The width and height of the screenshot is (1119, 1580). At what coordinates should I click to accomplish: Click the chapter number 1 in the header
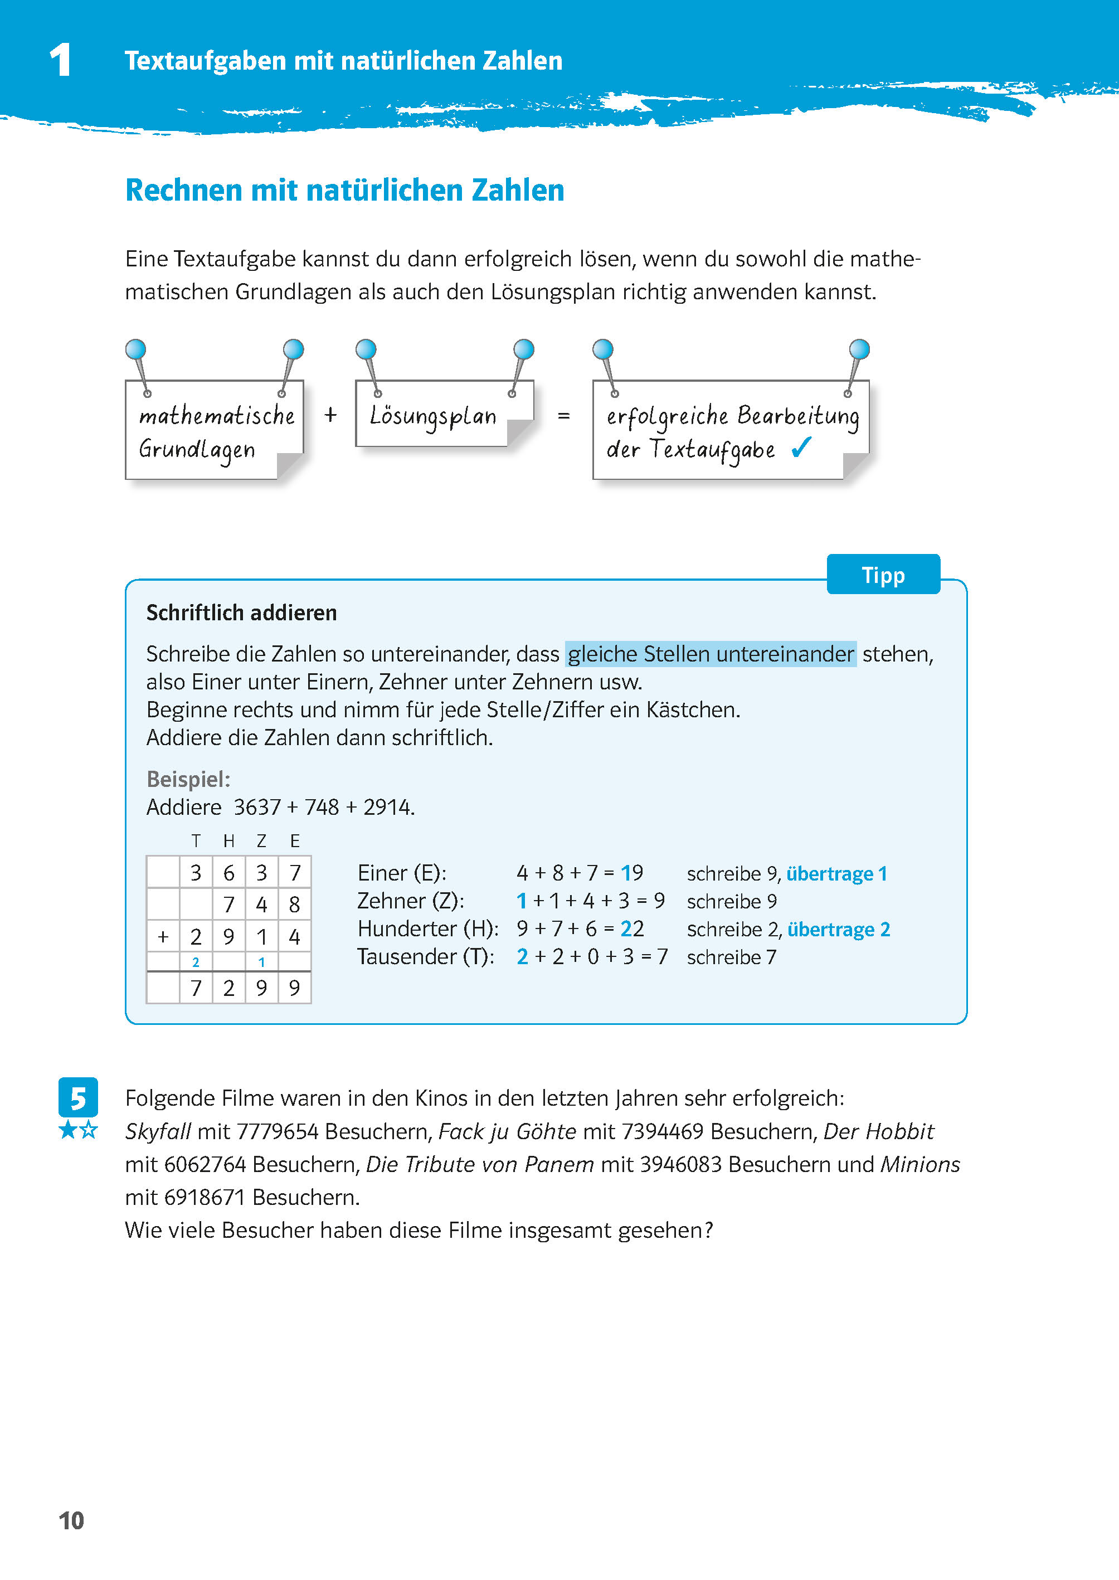tap(61, 60)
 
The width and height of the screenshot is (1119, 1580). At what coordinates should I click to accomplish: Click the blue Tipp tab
tap(883, 575)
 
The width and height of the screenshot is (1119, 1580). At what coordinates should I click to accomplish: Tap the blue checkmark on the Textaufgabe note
tap(801, 448)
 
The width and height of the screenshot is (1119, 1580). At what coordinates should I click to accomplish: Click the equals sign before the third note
tap(563, 416)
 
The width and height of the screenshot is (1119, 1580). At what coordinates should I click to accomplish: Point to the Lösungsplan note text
tap(432, 416)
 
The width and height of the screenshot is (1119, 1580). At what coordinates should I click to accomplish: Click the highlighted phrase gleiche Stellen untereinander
tap(711, 653)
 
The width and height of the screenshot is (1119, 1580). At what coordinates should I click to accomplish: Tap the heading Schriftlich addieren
tap(241, 612)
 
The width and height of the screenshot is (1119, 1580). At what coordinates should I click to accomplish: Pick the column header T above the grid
tap(196, 840)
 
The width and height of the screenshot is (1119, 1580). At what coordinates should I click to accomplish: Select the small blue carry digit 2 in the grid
tap(196, 962)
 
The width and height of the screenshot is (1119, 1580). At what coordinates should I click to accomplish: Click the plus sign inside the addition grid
tap(163, 937)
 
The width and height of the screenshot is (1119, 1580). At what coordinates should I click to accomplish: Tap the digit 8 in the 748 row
tap(294, 905)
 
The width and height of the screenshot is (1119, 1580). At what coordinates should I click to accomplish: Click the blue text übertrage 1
tap(836, 874)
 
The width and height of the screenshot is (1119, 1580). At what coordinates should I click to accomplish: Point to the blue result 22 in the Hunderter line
tap(632, 929)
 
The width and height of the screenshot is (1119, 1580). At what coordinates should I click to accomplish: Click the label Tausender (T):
tap(426, 956)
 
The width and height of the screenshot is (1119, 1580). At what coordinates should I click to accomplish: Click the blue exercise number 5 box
tap(78, 1097)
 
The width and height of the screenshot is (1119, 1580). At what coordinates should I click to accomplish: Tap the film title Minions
tap(920, 1164)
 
